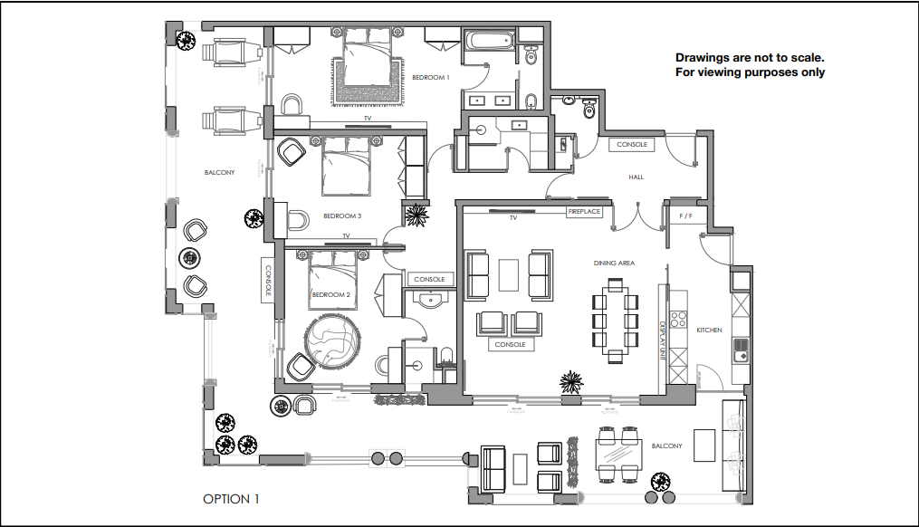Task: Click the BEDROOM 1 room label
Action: (431, 78)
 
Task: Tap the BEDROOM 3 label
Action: (342, 216)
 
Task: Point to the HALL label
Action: (636, 177)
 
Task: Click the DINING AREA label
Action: (614, 263)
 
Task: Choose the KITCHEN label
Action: (709, 331)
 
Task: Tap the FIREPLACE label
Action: (584, 212)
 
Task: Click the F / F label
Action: (685, 217)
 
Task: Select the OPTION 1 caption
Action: (231, 499)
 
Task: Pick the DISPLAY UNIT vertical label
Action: (663, 340)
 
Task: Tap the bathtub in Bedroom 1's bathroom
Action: (488, 40)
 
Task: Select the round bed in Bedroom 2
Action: (333, 340)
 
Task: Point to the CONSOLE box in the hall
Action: (632, 145)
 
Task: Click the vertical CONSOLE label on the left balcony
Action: (268, 281)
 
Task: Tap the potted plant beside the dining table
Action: (570, 381)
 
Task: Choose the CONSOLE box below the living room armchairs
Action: (510, 345)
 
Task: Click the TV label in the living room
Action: (512, 218)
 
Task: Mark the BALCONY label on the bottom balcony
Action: (666, 446)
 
